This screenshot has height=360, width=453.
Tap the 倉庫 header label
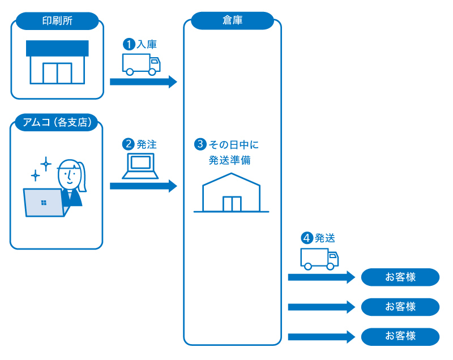click(232, 20)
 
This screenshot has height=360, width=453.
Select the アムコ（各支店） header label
click(57, 122)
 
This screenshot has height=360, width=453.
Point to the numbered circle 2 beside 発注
click(129, 144)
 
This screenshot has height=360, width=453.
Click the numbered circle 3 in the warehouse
click(199, 144)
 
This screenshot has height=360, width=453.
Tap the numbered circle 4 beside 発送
click(307, 238)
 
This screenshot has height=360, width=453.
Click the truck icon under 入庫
click(141, 64)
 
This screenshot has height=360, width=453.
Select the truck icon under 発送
click(319, 259)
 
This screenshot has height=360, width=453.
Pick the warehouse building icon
click(231, 192)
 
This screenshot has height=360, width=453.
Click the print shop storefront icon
click(57, 62)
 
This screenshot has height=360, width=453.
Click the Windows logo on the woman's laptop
click(44, 202)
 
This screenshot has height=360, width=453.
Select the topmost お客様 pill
click(400, 277)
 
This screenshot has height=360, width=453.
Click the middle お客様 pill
click(400, 307)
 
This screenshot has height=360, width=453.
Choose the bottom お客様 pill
click(400, 337)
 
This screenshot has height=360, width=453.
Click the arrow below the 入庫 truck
click(143, 82)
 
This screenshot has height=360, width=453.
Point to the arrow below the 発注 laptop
click(143, 185)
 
